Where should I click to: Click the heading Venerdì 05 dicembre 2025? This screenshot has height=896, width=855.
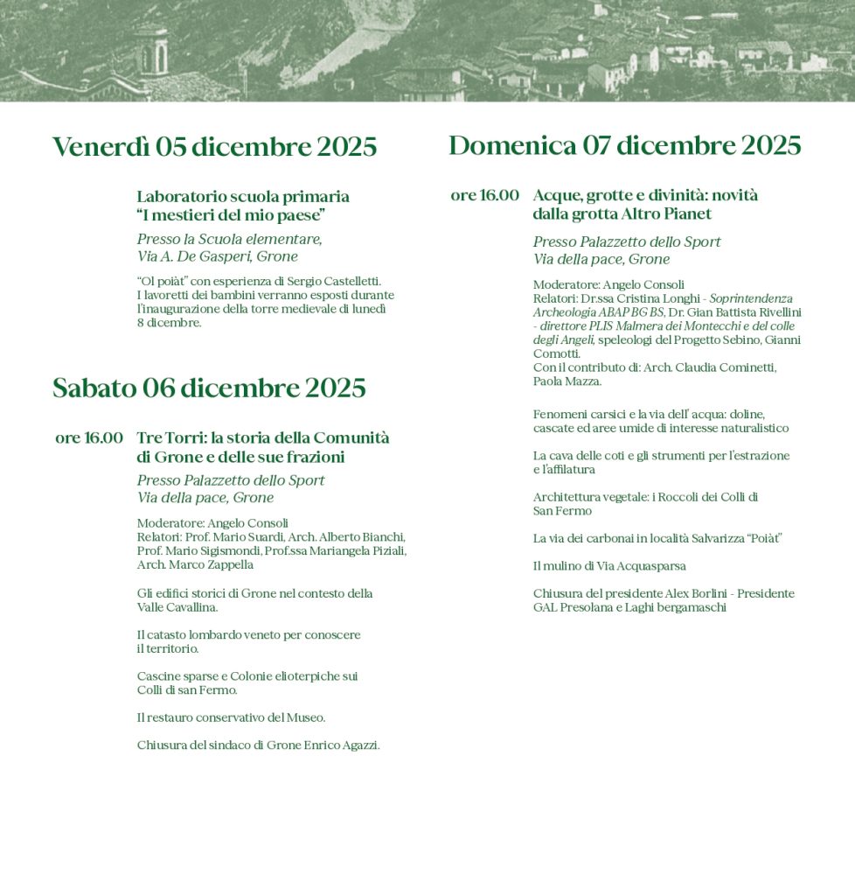click(x=214, y=147)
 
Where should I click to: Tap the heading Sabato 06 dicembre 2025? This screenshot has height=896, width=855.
click(x=209, y=388)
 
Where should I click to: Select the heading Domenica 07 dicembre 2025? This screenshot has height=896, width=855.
click(x=624, y=145)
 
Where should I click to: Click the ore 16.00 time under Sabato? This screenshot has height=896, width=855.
click(x=89, y=437)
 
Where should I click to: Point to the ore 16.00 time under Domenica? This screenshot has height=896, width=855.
click(x=484, y=195)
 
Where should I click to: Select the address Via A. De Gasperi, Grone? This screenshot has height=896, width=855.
click(x=217, y=256)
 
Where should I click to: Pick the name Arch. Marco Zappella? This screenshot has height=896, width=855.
click(x=195, y=564)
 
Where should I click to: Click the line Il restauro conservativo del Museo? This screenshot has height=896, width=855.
click(x=231, y=717)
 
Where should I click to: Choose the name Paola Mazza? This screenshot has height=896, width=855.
click(x=567, y=381)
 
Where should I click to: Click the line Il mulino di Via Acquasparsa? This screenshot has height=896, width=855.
click(x=609, y=566)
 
